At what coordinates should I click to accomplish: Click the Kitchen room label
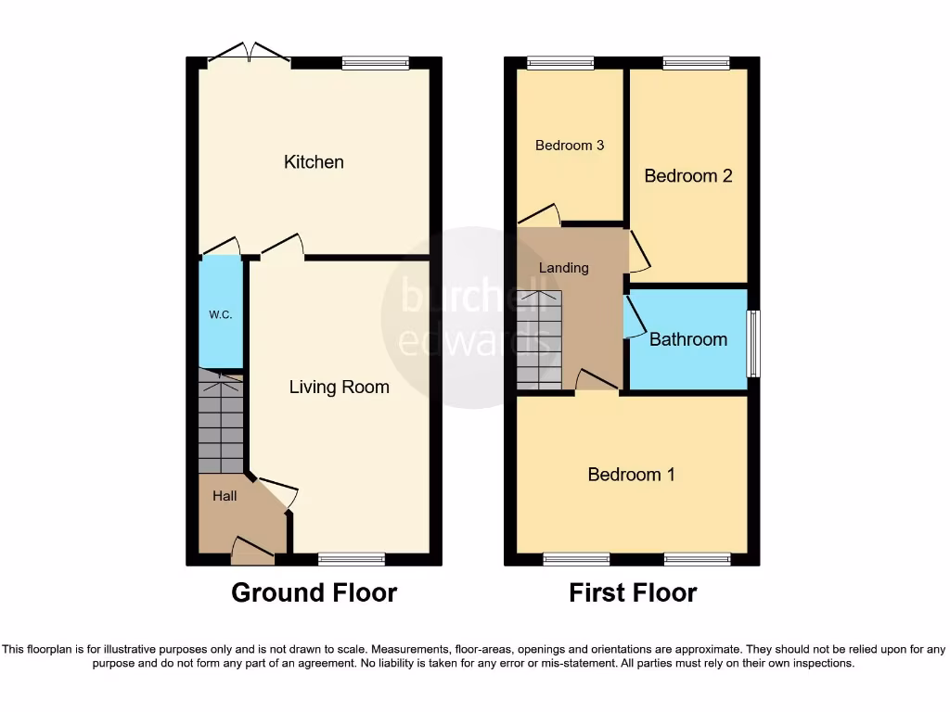click(314, 162)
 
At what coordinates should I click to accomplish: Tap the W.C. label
click(220, 315)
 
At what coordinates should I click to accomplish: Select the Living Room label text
click(339, 388)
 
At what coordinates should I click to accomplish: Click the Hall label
click(225, 496)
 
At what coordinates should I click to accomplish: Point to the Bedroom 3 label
click(570, 146)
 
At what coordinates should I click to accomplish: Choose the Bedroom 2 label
click(688, 175)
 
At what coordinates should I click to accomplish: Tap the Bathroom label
click(687, 339)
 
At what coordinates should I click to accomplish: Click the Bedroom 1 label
click(631, 475)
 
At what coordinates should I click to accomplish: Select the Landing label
click(564, 268)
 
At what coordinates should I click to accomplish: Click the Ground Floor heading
click(314, 592)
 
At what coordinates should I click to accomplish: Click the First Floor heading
click(633, 592)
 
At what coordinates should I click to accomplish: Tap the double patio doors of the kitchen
click(249, 54)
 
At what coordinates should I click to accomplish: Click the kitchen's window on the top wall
click(375, 63)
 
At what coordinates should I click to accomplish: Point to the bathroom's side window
click(753, 344)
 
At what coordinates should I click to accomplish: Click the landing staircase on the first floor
click(539, 339)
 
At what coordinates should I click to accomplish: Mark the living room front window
click(351, 559)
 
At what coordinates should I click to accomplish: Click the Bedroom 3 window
click(560, 63)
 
